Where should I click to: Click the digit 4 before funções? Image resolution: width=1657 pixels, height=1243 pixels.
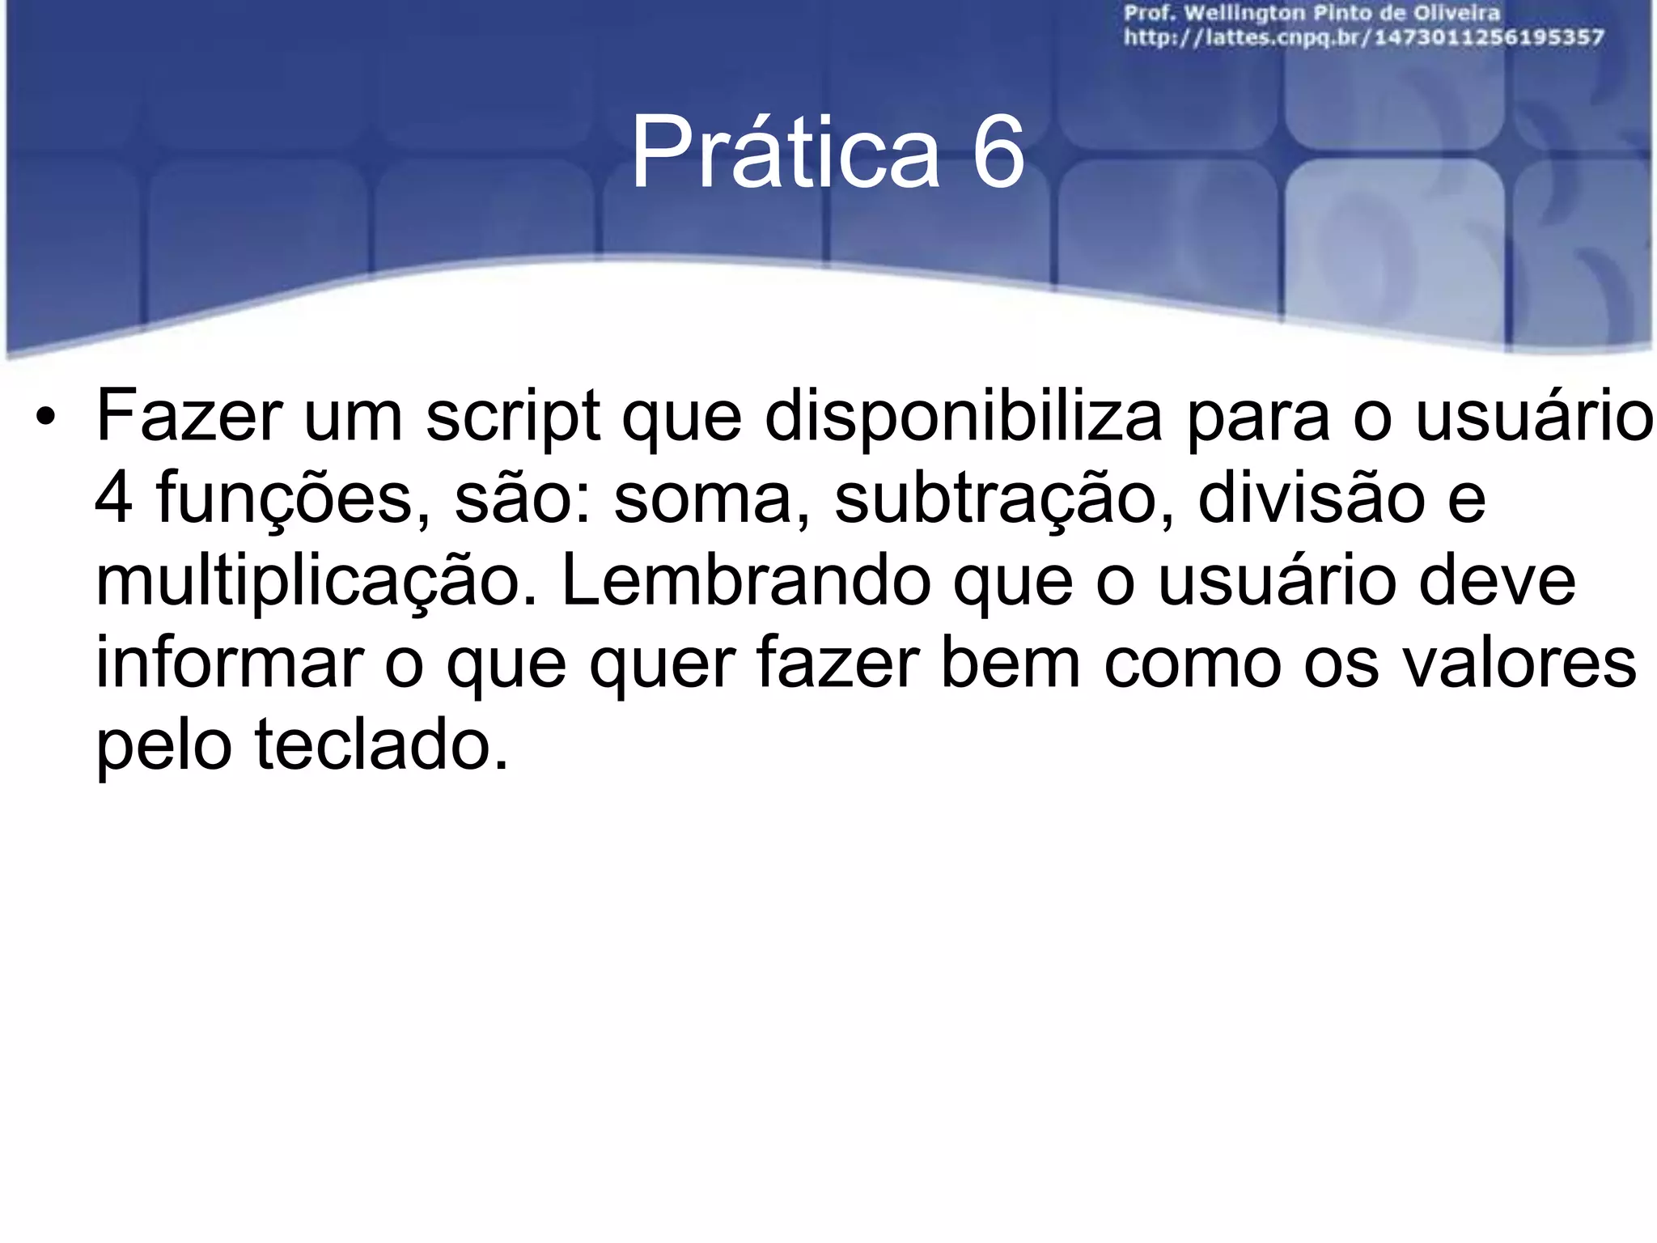(x=113, y=498)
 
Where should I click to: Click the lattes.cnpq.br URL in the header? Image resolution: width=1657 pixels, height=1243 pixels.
(x=1364, y=37)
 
